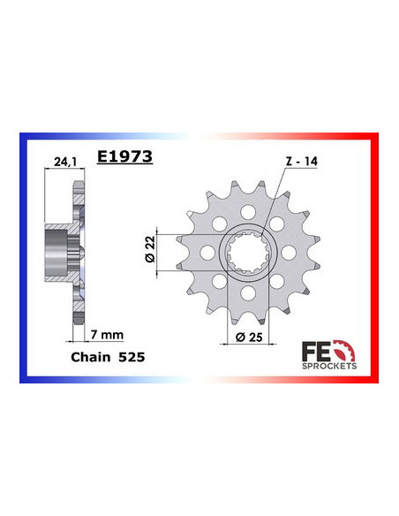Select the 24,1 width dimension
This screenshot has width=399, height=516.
pyautogui.click(x=63, y=163)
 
